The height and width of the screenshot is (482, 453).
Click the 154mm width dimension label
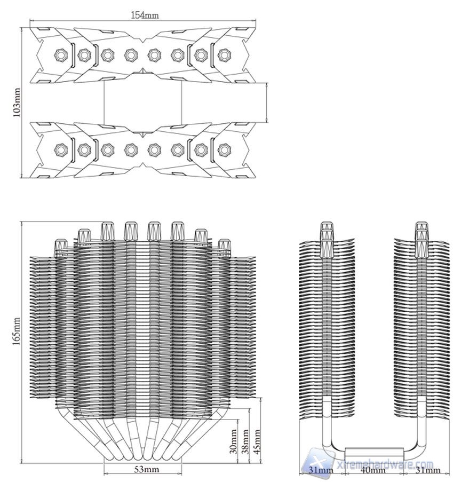point(145,15)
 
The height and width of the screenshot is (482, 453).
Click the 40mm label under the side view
point(373,470)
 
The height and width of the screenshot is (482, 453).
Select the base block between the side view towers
point(373,453)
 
